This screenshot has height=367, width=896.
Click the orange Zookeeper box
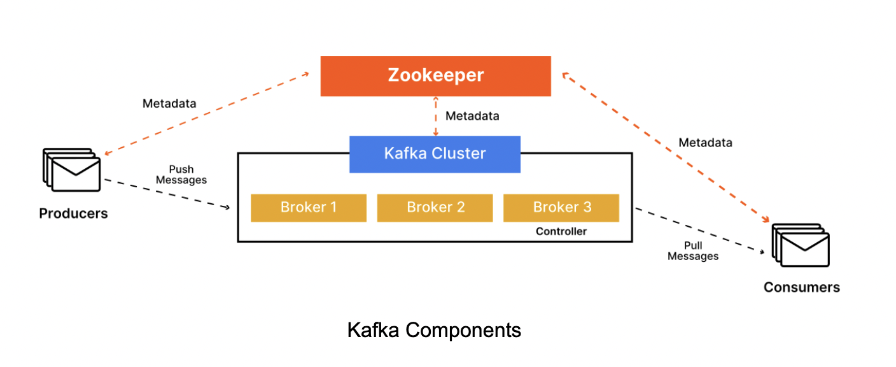point(435,76)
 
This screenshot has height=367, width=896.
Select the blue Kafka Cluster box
point(435,154)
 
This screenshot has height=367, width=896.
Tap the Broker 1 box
point(309,208)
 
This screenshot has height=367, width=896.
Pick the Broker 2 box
point(435,208)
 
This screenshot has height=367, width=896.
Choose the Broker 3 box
point(561,208)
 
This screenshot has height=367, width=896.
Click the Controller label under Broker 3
point(561,231)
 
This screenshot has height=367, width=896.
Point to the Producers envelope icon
point(72,169)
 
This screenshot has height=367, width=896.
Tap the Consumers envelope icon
point(801,245)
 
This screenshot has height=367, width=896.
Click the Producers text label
point(73,213)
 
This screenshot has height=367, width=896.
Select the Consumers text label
point(802,287)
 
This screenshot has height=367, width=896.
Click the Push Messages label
point(181,175)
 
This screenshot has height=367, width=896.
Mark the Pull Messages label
point(693,251)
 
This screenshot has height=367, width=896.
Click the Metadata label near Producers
point(169,103)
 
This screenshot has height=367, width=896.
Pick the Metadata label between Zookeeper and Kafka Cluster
point(472,116)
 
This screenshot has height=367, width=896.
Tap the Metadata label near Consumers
point(705,143)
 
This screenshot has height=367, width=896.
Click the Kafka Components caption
point(434,330)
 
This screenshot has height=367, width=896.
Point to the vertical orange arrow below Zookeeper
point(436,116)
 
